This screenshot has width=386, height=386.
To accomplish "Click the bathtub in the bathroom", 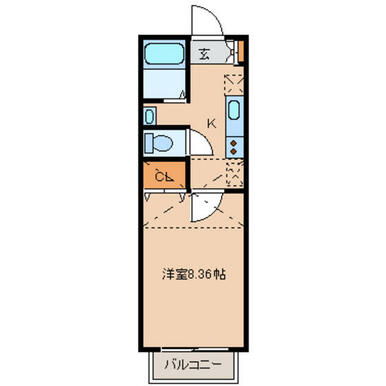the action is (x=165, y=54).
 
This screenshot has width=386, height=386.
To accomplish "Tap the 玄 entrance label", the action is (x=204, y=54).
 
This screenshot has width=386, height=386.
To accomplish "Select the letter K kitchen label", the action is (x=211, y=124).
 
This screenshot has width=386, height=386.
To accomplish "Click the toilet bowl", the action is (x=163, y=144).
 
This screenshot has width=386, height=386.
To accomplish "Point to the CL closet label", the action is (x=164, y=177).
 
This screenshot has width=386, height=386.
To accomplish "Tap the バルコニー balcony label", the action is (x=193, y=365).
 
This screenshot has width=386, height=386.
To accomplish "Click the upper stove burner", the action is (x=234, y=143).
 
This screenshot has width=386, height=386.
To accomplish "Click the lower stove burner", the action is (x=234, y=151).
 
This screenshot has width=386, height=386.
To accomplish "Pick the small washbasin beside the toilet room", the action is (x=149, y=117).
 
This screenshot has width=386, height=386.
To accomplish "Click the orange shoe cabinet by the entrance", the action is (x=241, y=51).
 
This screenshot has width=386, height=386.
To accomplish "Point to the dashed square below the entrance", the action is (x=234, y=85).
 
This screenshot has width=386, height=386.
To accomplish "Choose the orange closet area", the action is (x=164, y=176).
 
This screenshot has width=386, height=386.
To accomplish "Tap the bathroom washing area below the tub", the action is (x=165, y=83).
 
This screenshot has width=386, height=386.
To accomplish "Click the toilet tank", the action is (x=149, y=144).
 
